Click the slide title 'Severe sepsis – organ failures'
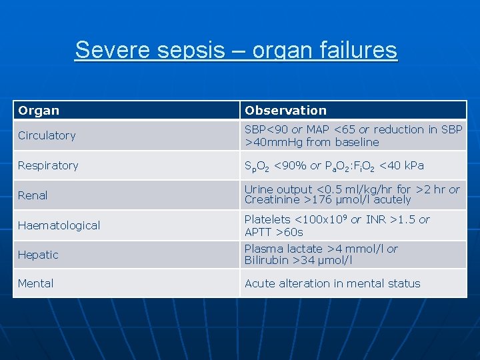click(236, 50)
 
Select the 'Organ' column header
click(39, 111)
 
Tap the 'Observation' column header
click(285, 111)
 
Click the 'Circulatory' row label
click(47, 135)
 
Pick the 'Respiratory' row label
click(48, 165)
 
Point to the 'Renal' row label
click(33, 195)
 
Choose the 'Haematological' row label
click(59, 225)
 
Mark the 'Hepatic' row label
click(38, 255)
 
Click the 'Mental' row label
click(36, 283)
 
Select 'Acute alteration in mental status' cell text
click(332, 283)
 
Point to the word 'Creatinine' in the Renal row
click(271, 200)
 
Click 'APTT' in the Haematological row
click(259, 232)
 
